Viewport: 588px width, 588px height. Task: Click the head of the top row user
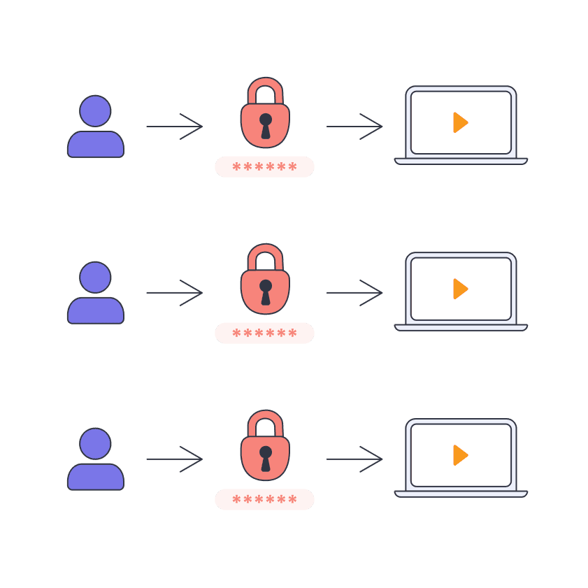point(95,110)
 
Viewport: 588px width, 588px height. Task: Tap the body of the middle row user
point(95,310)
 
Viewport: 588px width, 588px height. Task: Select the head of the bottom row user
point(95,443)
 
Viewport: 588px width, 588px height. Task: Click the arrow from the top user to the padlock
point(174,127)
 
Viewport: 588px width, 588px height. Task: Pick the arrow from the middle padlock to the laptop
point(354,292)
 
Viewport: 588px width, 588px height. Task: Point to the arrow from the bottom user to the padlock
point(174,459)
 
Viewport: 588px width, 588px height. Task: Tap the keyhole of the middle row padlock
point(266,291)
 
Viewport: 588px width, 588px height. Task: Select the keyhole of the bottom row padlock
point(266,457)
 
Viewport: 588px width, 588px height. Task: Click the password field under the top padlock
point(264,167)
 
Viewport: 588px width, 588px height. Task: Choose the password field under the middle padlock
point(264,334)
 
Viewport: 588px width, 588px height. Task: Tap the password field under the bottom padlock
point(264,500)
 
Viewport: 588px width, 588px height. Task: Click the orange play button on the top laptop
point(459,122)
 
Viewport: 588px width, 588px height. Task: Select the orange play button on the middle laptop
point(459,289)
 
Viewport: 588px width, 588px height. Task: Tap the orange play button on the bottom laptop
point(459,455)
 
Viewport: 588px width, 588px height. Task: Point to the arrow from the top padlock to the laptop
point(354,127)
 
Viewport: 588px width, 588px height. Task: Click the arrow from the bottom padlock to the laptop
point(354,459)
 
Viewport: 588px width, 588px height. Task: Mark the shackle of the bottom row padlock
point(266,420)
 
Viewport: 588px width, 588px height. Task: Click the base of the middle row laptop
point(461,327)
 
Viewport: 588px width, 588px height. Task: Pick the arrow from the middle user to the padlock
point(174,292)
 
